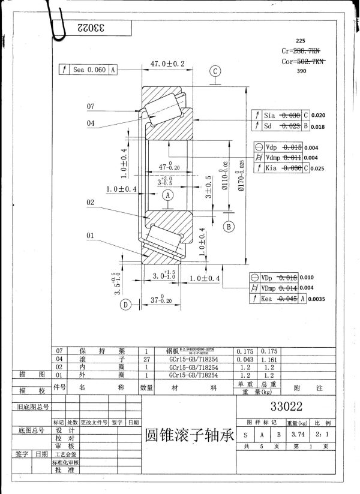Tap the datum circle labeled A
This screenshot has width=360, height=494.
[168, 195]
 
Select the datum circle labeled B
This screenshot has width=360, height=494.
[228, 226]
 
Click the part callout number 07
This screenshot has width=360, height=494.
[91, 107]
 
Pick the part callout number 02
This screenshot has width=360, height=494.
[91, 203]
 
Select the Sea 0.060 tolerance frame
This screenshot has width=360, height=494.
[88, 70]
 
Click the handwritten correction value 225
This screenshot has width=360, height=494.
[301, 42]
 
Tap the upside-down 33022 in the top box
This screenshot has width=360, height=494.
[91, 28]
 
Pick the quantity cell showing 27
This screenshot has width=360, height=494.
[146, 359]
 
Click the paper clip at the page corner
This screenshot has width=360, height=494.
[57, 18]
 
